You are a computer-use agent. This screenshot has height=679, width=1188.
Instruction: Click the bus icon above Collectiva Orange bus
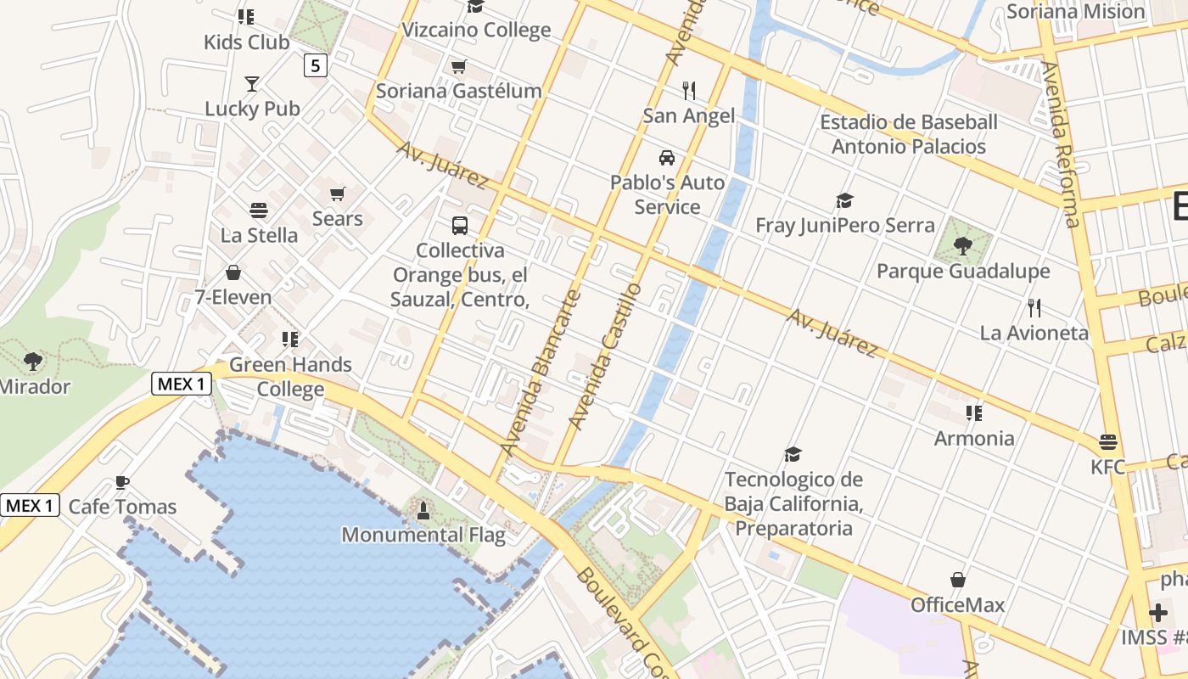point(459,226)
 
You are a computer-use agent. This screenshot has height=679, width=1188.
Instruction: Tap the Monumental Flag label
point(423,535)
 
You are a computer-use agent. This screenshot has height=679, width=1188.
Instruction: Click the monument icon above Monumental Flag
point(423,510)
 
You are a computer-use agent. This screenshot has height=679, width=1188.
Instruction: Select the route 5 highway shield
point(316,65)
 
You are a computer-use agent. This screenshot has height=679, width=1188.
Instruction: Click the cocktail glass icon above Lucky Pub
point(252,84)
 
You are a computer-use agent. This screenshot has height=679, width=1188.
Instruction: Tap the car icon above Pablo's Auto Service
point(667,158)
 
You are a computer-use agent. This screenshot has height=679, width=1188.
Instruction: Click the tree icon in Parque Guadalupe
point(963,246)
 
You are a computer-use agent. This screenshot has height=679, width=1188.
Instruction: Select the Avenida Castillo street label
point(605,356)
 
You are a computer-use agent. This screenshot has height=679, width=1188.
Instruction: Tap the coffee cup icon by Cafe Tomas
point(122,483)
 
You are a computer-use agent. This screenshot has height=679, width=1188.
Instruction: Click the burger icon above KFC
point(1107,442)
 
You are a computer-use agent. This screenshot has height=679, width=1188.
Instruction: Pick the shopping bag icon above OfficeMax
point(958,581)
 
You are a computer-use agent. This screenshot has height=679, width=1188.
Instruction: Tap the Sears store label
point(337,218)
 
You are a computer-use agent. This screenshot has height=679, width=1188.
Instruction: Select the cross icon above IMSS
point(1158,612)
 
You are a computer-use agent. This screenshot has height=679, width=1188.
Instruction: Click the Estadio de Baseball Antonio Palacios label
point(908,134)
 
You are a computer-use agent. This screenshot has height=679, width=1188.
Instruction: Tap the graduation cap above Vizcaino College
point(475,7)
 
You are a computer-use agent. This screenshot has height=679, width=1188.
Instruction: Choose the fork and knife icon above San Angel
point(689,91)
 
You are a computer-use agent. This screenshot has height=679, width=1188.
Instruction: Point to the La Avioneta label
point(1034,333)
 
